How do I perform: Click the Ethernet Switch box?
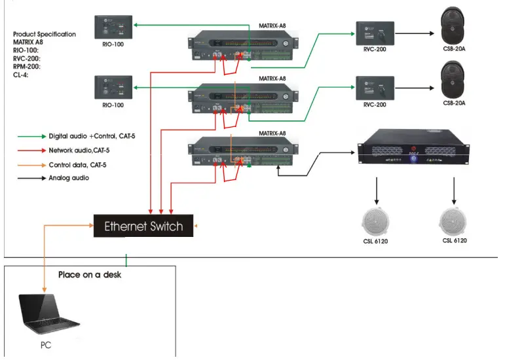[143, 226]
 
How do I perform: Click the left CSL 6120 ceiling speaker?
[376, 221]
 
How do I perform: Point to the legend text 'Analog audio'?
[69, 177]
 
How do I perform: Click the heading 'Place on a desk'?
[90, 275]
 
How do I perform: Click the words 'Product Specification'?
[44, 34]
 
